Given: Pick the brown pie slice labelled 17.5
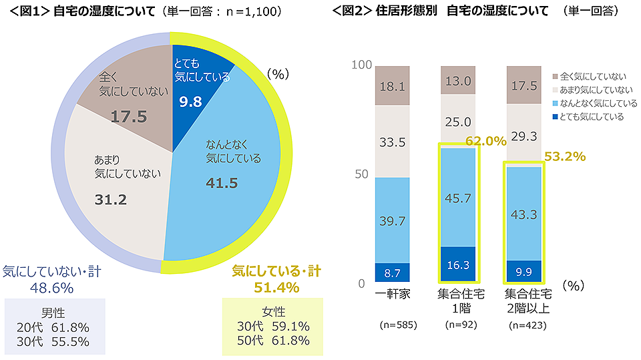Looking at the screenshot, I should pos(127,97).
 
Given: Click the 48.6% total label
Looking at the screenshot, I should pos(51,288).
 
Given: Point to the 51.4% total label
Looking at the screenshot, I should pos(276,287).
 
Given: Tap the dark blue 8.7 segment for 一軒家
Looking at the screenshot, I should pos(392,273).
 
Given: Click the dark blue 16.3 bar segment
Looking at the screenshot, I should pos(457,264).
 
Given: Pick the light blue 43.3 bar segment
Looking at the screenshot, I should pos(524,213).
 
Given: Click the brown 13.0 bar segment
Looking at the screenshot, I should pos(457,80).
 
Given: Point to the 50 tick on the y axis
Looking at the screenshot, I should pos(360,174).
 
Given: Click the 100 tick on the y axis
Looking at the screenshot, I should pos(360,65).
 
